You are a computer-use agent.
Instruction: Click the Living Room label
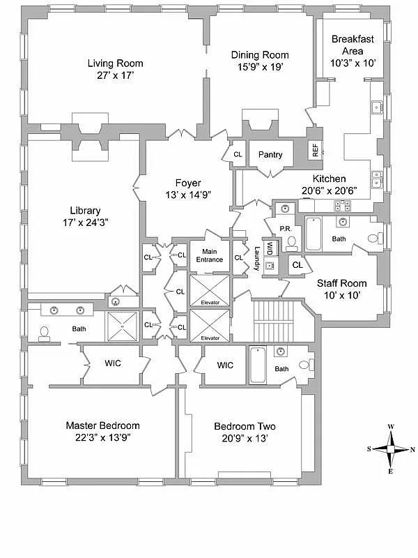tap(115, 63)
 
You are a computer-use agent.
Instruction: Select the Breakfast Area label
tap(353, 45)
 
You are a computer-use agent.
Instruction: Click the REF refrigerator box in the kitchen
tap(315, 149)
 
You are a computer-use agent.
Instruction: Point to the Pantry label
tap(270, 154)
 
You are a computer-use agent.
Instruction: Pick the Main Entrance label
tap(209, 255)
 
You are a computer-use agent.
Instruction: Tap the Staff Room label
tap(341, 283)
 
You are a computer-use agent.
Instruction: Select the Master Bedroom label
tap(102, 425)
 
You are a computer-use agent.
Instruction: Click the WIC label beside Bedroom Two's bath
tap(224, 365)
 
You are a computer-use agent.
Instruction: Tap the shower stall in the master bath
tap(123, 326)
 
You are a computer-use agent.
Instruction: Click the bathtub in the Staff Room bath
tap(313, 234)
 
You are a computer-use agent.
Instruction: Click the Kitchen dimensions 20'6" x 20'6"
tap(324, 189)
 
